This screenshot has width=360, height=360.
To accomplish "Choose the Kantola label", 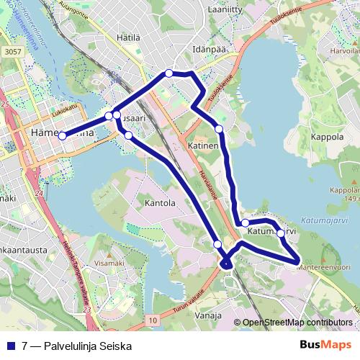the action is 160,203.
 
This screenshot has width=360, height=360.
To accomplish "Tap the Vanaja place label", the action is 208,315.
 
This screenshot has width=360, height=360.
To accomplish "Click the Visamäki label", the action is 109,264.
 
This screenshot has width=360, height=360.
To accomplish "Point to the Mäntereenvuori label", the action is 330,266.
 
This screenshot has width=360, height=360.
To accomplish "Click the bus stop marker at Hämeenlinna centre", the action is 63,135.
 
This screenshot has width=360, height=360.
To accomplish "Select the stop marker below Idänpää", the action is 168,73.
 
